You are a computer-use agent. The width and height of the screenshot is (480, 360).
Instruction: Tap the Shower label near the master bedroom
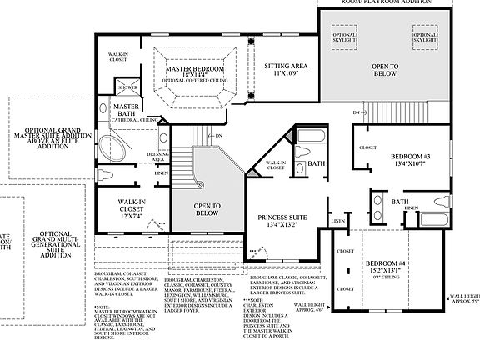coord(127,87)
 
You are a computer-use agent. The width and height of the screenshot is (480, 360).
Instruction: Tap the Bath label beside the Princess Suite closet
coord(316,164)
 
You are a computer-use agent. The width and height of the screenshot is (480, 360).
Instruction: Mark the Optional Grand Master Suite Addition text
coord(50,142)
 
